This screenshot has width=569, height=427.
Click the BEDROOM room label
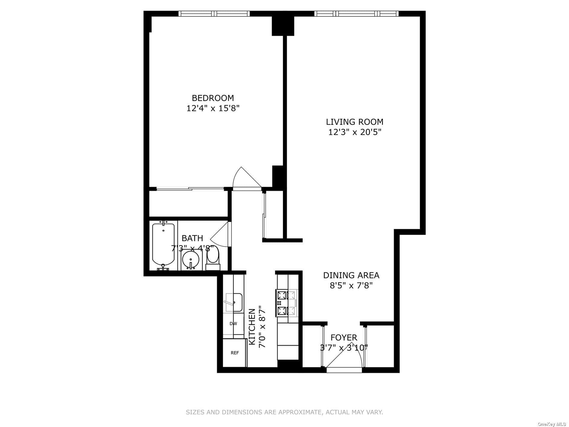(213, 98)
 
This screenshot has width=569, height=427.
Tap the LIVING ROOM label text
(355, 122)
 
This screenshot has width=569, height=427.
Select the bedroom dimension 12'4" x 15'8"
(213, 108)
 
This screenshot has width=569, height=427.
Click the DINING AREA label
(351, 275)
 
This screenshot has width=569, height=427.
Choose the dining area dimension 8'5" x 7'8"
(351, 285)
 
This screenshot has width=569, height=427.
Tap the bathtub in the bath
(163, 246)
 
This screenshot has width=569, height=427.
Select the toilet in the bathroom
(213, 259)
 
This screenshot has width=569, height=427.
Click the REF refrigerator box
(235, 353)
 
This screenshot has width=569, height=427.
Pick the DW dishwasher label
(233, 324)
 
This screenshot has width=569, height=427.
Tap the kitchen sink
(233, 303)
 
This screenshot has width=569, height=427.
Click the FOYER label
(344, 338)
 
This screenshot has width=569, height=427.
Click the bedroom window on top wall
(214, 13)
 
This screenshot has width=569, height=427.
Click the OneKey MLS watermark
(553, 424)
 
